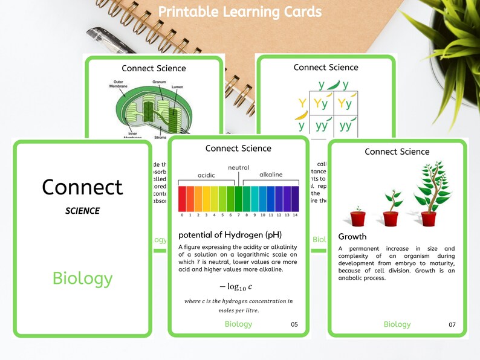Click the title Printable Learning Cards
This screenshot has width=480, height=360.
pyautogui.click(x=240, y=12)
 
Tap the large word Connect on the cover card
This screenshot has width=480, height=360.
pyautogui.click(x=82, y=187)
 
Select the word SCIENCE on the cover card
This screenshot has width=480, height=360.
pyautogui.click(x=82, y=211)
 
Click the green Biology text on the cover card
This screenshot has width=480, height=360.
pyautogui.click(x=82, y=278)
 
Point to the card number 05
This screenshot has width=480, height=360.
pyautogui.click(x=294, y=324)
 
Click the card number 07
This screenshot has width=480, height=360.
pyautogui.click(x=452, y=325)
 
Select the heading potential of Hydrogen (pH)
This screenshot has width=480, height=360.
pyautogui.click(x=230, y=234)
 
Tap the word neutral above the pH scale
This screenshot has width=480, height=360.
pyautogui.click(x=238, y=167)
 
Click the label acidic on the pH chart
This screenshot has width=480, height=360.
pyautogui.click(x=206, y=175)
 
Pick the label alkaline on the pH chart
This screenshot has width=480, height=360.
pyautogui.click(x=270, y=175)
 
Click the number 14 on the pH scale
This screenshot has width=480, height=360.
pyautogui.click(x=294, y=215)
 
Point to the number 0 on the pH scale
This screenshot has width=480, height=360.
pyautogui.click(x=182, y=215)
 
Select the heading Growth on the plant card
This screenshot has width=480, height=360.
pyautogui.click(x=352, y=237)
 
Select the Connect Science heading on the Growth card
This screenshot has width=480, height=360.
pyautogui.click(x=397, y=152)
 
